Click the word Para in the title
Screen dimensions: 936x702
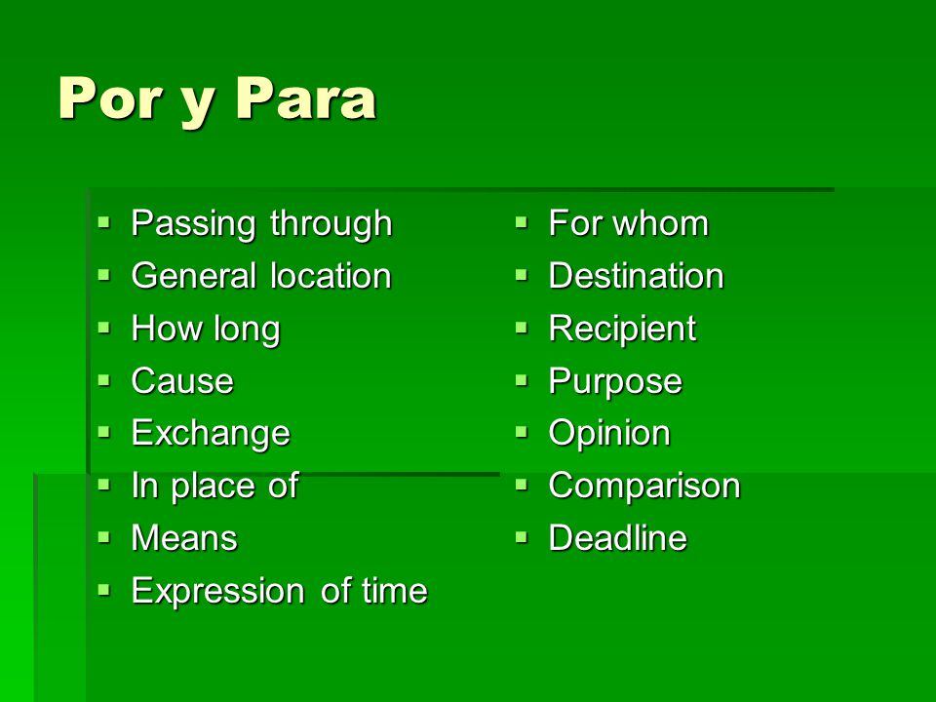(306, 98)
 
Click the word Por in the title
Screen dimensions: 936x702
(110, 98)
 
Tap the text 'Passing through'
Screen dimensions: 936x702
(261, 224)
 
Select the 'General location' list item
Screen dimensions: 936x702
(261, 276)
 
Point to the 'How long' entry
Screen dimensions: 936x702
(206, 330)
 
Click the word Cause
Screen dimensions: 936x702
(182, 381)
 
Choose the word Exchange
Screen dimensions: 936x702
(211, 434)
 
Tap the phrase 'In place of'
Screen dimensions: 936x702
(214, 486)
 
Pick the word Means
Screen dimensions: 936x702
(184, 538)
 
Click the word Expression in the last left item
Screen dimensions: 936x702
(217, 592)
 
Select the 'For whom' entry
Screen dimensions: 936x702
(629, 223)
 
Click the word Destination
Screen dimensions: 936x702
(637, 276)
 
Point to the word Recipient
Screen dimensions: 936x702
(623, 330)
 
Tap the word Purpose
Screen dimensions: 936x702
(615, 382)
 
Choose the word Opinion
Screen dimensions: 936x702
(609, 434)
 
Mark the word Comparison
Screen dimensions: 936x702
(644, 486)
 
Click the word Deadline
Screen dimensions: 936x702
(618, 538)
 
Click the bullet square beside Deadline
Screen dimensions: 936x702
(522, 537)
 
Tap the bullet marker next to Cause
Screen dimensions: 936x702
(104, 379)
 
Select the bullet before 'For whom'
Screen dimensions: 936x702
(522, 222)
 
